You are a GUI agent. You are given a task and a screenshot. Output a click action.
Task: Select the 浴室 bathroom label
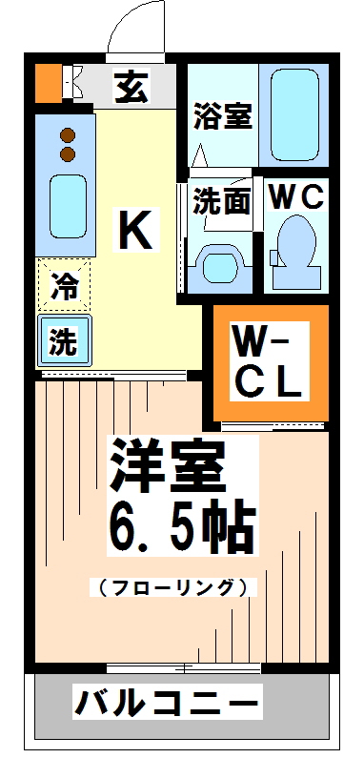(222, 116)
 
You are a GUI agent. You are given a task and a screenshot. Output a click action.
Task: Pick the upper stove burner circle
(68, 135)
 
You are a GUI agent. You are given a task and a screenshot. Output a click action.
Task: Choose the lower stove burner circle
(68, 154)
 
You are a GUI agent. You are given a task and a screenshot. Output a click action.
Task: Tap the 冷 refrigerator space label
(64, 284)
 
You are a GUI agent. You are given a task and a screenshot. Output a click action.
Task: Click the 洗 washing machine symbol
(64, 341)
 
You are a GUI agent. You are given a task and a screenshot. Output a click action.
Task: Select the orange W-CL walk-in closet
(270, 362)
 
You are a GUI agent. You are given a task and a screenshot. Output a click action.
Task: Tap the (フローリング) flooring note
(173, 586)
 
